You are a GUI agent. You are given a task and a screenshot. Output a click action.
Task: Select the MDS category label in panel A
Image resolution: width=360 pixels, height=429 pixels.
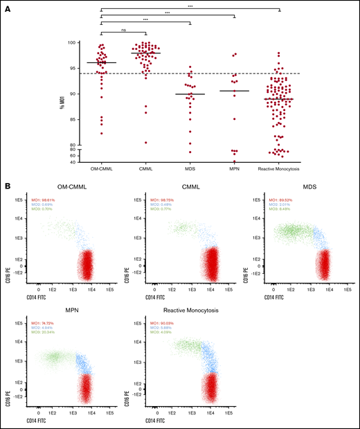[x=189, y=168]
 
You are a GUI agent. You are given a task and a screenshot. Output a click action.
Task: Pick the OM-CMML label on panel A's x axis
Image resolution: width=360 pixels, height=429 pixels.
[x=101, y=168]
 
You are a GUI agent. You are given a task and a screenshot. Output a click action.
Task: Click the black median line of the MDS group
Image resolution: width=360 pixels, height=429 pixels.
[x=189, y=94]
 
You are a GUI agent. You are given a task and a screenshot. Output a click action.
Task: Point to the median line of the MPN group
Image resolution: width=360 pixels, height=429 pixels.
[x=233, y=91]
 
